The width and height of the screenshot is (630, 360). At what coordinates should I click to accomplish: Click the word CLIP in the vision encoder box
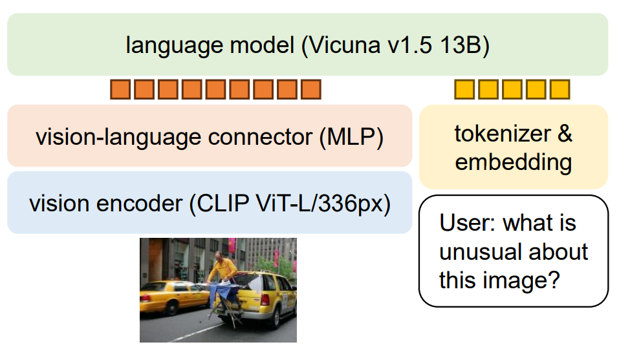[x=221, y=204]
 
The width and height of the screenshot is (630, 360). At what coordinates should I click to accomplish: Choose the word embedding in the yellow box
[x=513, y=162]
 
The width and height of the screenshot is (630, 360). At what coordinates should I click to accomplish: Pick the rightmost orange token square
[x=311, y=90]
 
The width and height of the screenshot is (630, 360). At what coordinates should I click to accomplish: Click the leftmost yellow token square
[x=464, y=90]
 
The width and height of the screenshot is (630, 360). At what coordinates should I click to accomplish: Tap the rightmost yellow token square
[x=559, y=90]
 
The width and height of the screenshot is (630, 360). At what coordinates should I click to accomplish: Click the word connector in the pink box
[x=247, y=137]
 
